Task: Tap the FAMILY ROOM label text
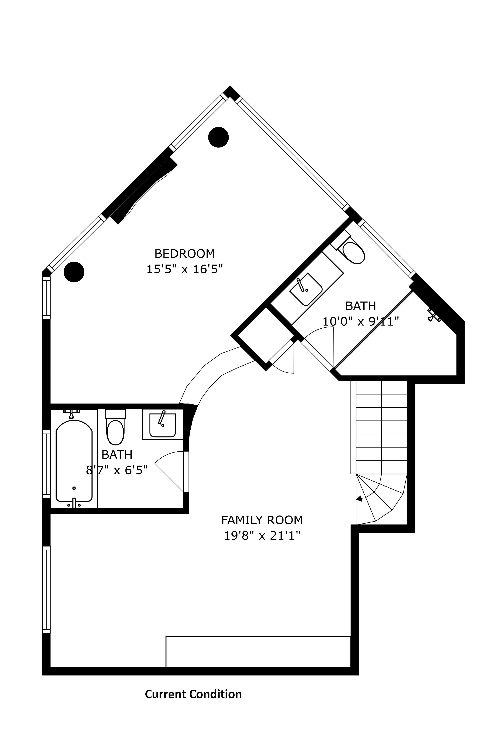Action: [262, 520]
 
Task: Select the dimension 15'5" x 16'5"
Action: [184, 269]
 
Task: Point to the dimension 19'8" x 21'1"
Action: [262, 536]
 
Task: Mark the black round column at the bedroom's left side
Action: [74, 272]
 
